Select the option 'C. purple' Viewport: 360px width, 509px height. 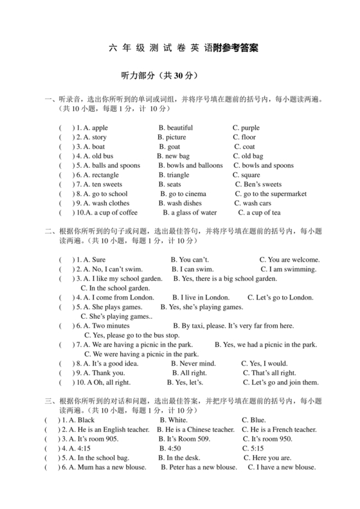[x=246, y=128]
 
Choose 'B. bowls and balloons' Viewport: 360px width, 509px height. [x=190, y=165]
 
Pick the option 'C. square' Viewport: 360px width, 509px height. [x=246, y=175]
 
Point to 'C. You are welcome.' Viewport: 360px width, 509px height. [x=289, y=260]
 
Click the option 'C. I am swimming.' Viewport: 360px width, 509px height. [x=288, y=269]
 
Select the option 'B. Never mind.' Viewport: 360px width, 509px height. [x=194, y=363]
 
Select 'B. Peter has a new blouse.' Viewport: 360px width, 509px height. [x=199, y=467]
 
